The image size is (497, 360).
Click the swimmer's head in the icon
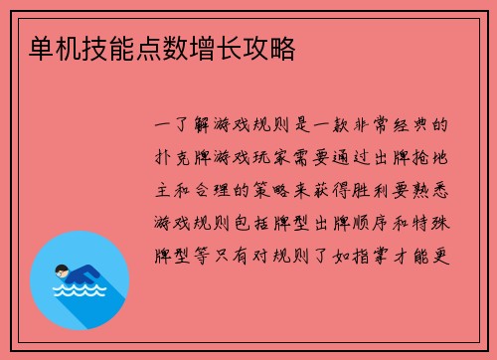(x=60, y=270)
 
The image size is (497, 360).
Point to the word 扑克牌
(x=189, y=156)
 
